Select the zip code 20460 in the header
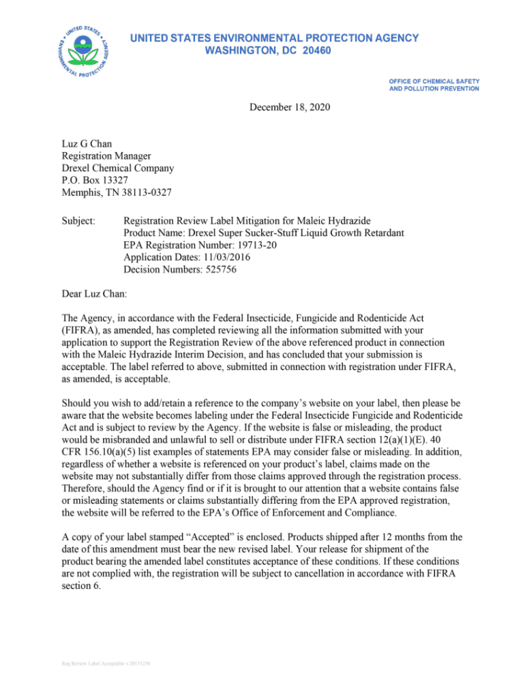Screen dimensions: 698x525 pos(315,51)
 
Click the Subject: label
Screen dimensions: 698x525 pos(80,220)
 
